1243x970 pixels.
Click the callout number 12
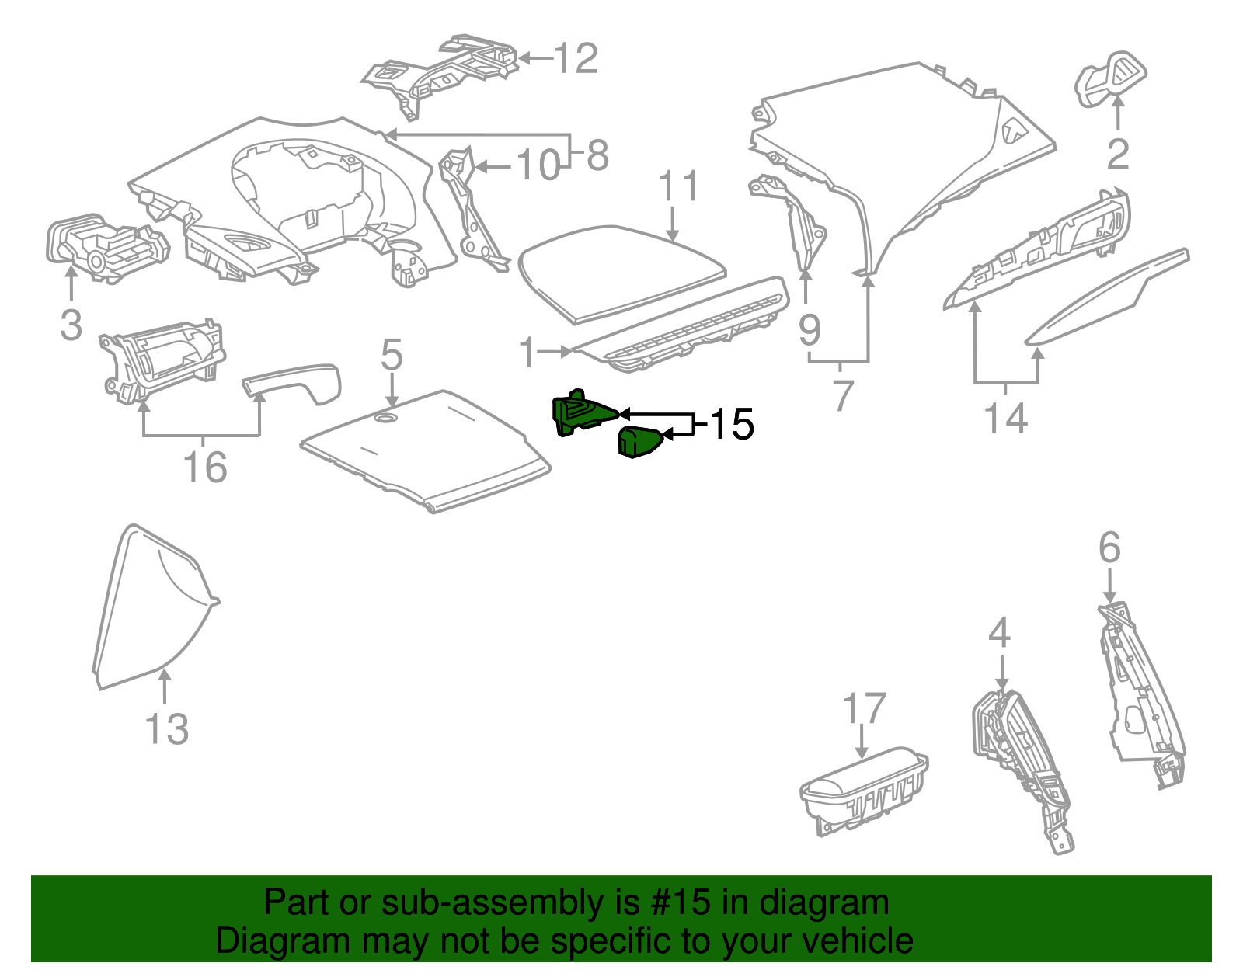point(576,59)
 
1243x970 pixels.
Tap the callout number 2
point(1117,155)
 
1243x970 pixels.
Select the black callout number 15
point(731,424)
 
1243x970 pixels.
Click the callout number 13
point(166,729)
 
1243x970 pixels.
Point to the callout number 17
point(864,708)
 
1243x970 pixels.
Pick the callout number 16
point(204,468)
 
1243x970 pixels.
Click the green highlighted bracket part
point(579,414)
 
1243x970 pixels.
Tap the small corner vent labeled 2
point(1109,79)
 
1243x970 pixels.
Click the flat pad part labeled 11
point(621,272)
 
